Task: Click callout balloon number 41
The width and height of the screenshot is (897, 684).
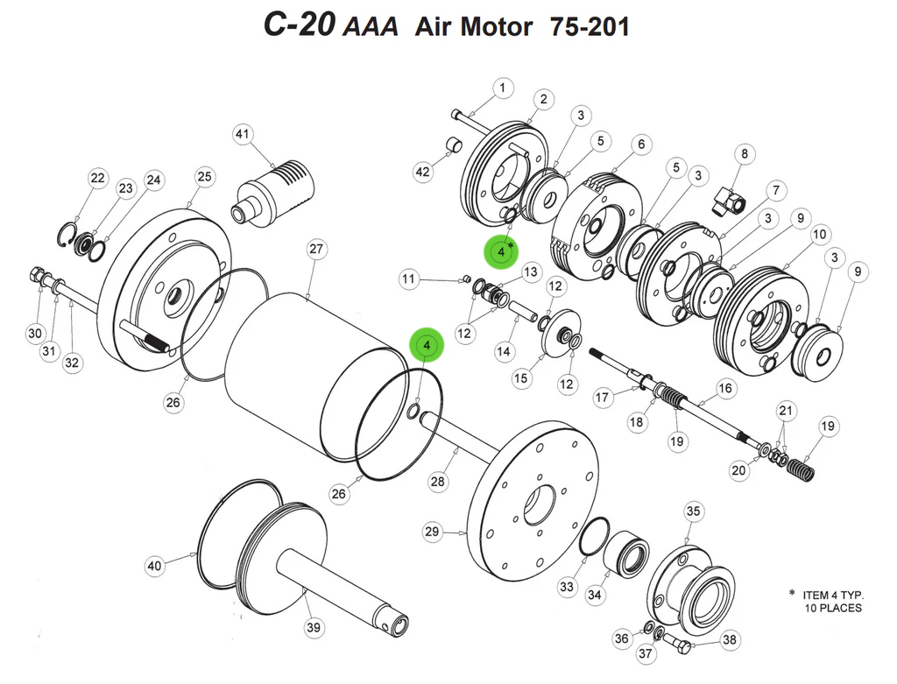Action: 242,134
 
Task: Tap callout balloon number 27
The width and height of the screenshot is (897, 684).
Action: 316,250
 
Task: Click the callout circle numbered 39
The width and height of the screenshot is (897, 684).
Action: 314,627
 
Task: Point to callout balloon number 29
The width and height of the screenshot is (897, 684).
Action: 431,532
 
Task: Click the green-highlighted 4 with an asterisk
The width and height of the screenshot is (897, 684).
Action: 502,251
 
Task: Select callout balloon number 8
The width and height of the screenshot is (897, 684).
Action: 744,155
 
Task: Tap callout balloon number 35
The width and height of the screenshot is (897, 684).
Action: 693,511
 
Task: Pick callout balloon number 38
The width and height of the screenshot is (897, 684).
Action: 730,640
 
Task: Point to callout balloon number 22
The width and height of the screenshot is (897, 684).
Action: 96,179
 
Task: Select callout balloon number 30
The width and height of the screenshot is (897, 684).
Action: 35,333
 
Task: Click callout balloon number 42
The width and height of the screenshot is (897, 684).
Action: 423,173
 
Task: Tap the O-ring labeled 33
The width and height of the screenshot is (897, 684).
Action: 595,535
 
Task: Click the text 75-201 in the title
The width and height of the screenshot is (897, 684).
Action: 590,26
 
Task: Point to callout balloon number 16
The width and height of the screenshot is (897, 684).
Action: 725,387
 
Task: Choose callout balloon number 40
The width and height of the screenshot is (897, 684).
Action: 155,567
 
